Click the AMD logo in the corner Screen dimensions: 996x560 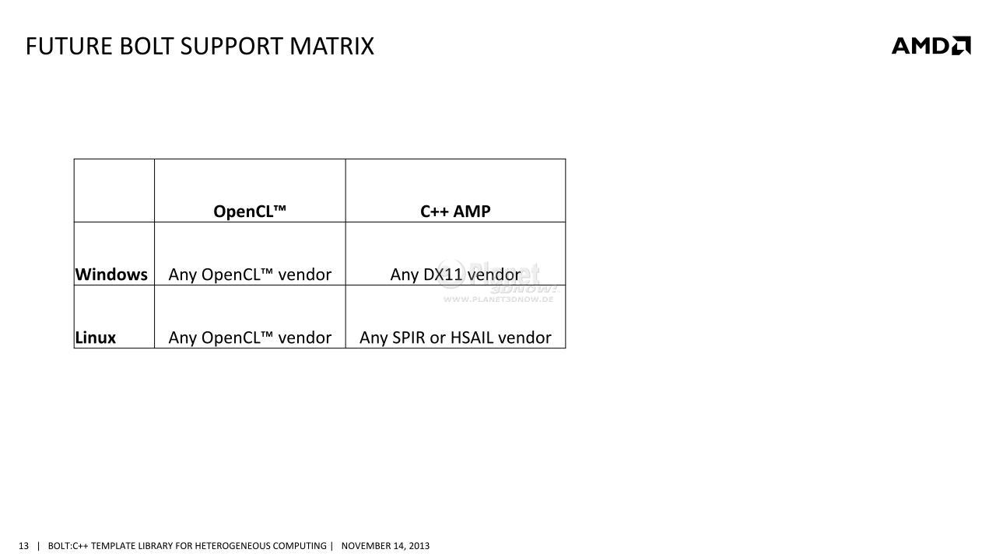pyautogui.click(x=931, y=45)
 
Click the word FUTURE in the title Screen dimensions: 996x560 pyautogui.click(x=69, y=46)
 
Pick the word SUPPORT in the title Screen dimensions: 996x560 pyautogui.click(x=231, y=46)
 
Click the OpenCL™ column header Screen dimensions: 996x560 pyautogui.click(x=250, y=211)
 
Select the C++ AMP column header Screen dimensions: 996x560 pyautogui.click(x=455, y=211)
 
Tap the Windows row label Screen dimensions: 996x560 pyautogui.click(x=111, y=275)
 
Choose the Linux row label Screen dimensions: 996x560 pyautogui.click(x=95, y=338)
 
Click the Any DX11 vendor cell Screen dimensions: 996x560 pyautogui.click(x=455, y=275)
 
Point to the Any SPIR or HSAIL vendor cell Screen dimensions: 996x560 pyautogui.click(x=455, y=338)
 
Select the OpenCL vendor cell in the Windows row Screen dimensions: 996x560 pyautogui.click(x=250, y=275)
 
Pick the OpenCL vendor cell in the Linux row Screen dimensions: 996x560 pyautogui.click(x=250, y=338)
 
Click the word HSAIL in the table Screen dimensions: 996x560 pyautogui.click(x=472, y=338)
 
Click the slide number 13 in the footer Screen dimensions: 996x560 pyautogui.click(x=23, y=546)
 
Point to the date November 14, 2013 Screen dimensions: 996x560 pyautogui.click(x=385, y=546)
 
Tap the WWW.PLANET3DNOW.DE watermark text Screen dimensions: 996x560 pyautogui.click(x=498, y=299)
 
